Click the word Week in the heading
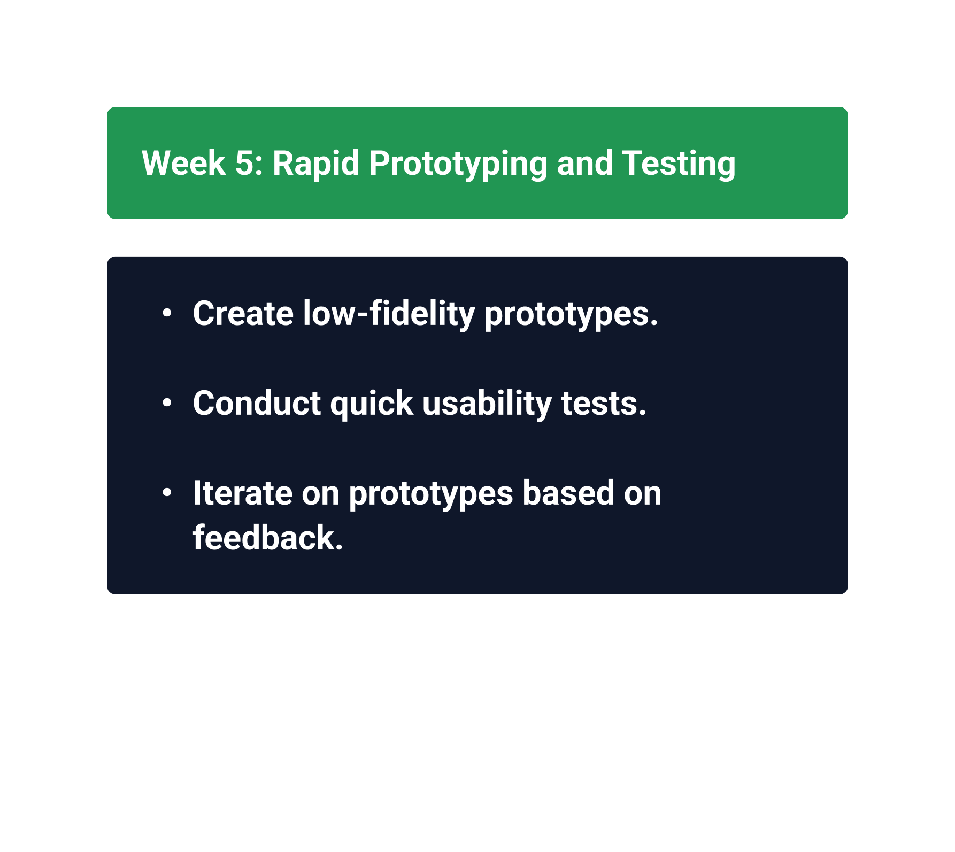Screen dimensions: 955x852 (183, 163)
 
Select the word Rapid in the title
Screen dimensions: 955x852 (315, 163)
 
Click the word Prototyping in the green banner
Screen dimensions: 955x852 (458, 164)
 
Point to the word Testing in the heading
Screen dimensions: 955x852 (679, 164)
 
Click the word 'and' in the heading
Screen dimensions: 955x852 (584, 163)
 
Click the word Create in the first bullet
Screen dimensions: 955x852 (243, 313)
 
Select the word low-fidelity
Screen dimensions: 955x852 (389, 314)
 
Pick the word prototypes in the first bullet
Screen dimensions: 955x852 (571, 315)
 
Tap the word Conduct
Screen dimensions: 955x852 (257, 403)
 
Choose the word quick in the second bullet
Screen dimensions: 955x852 (372, 404)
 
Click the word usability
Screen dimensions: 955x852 (487, 404)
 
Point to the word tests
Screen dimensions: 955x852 (604, 404)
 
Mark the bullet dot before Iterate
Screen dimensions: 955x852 (167, 492)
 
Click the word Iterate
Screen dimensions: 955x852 (243, 493)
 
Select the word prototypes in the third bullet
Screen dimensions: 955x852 (431, 495)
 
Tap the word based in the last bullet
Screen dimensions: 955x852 (568, 493)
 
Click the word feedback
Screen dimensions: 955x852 (268, 538)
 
